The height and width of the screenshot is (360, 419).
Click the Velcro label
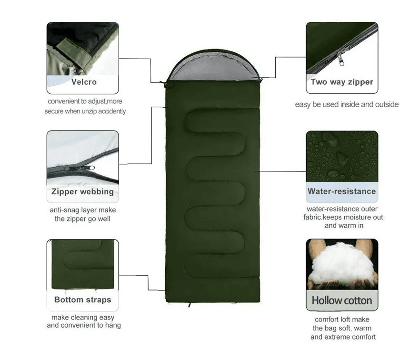84,82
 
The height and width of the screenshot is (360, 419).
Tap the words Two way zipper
342,82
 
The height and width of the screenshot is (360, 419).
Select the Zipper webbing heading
82,191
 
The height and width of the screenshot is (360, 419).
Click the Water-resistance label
342,191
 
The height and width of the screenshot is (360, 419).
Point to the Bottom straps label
82,300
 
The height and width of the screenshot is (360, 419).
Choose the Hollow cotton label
342,300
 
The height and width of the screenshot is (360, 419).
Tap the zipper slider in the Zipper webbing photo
79,169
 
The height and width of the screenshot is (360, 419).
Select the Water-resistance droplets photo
342,156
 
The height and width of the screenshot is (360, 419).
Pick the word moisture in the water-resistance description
357,217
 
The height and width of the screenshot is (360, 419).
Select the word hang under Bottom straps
113,326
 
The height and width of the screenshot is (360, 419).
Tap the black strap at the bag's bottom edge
190,305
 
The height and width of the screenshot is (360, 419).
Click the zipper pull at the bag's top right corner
260,80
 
